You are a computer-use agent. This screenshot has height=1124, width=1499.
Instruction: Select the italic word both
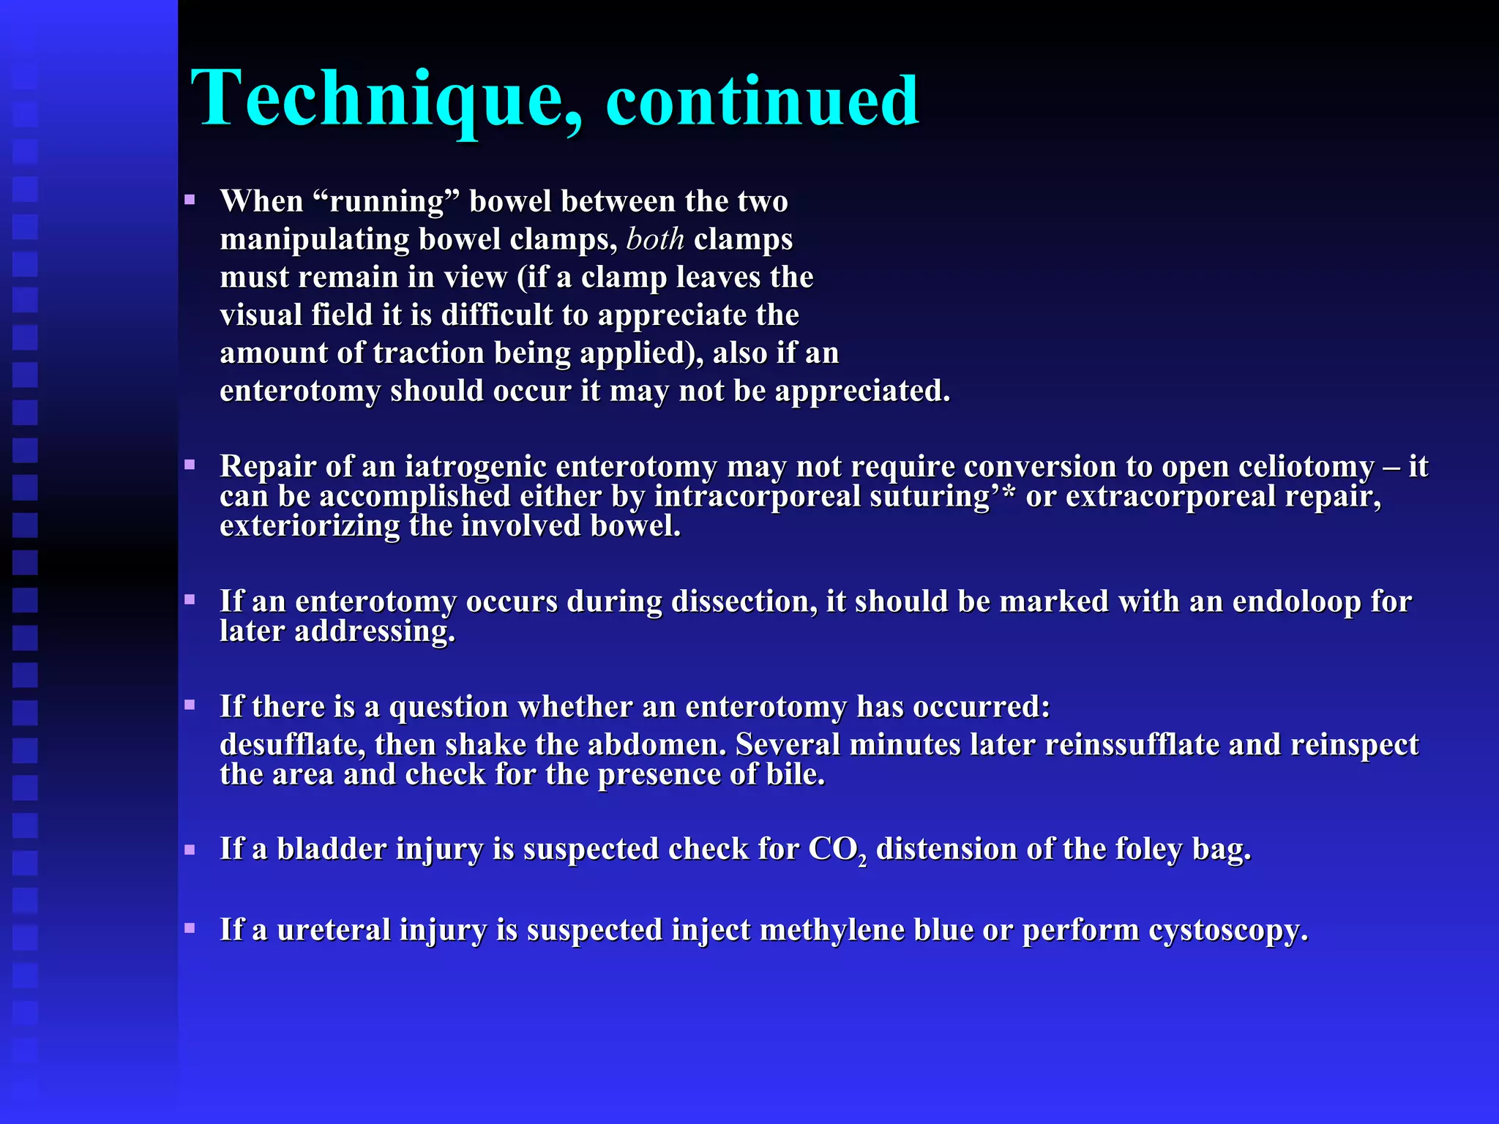click(655, 239)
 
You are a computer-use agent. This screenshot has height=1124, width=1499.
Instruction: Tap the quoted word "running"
click(386, 202)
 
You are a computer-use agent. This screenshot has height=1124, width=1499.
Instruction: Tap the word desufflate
click(292, 745)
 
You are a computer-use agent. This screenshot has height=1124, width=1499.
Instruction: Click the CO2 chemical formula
click(837, 850)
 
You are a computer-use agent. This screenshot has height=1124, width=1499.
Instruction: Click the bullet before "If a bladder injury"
click(190, 850)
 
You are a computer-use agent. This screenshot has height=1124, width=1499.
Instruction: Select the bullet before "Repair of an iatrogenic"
click(190, 465)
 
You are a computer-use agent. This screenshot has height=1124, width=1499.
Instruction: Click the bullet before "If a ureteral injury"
click(190, 929)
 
